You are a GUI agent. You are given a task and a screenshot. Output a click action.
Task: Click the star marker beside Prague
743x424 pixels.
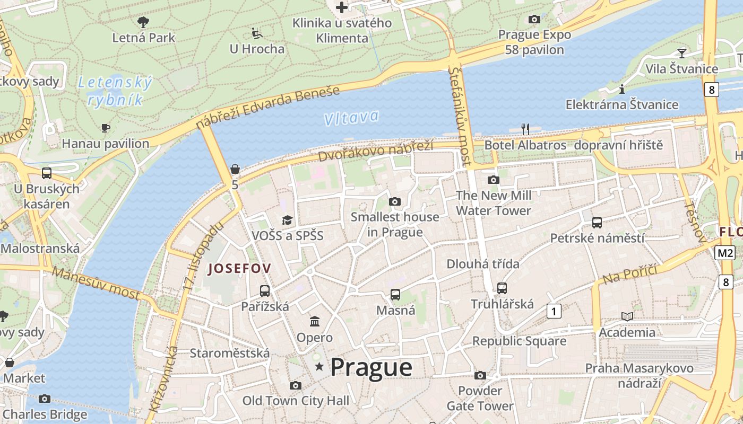pos(319,367)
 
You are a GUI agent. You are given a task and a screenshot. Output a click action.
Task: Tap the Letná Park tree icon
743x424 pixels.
pos(143,22)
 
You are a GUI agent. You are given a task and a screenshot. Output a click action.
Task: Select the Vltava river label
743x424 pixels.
pos(351,118)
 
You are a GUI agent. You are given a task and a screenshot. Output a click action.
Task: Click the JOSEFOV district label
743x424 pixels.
pos(239,269)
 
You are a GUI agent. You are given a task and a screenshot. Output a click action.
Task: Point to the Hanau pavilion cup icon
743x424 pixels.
pos(105,128)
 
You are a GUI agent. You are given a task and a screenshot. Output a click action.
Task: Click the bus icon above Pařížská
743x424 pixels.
pos(264,290)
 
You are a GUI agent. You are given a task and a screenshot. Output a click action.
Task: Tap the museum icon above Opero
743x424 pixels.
pos(315,322)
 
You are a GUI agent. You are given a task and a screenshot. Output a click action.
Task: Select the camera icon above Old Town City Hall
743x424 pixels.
pos(296,385)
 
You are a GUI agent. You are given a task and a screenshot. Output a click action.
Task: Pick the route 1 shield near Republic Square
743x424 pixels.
pos(554,311)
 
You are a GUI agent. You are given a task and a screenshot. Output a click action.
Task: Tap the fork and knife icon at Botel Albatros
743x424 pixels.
pos(525,129)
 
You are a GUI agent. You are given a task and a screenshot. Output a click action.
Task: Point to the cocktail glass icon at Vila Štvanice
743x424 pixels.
pos(681,53)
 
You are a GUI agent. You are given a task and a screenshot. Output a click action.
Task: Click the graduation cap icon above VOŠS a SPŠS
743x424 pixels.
pos(287,220)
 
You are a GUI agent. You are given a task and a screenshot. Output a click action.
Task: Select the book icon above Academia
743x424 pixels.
pos(627,316)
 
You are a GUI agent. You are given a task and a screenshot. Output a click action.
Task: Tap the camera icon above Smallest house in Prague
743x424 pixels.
pos(394,201)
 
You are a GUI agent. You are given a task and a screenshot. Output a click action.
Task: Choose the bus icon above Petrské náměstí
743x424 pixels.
pos(597,222)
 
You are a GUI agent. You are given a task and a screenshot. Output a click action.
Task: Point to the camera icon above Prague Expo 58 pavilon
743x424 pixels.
pos(534,20)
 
